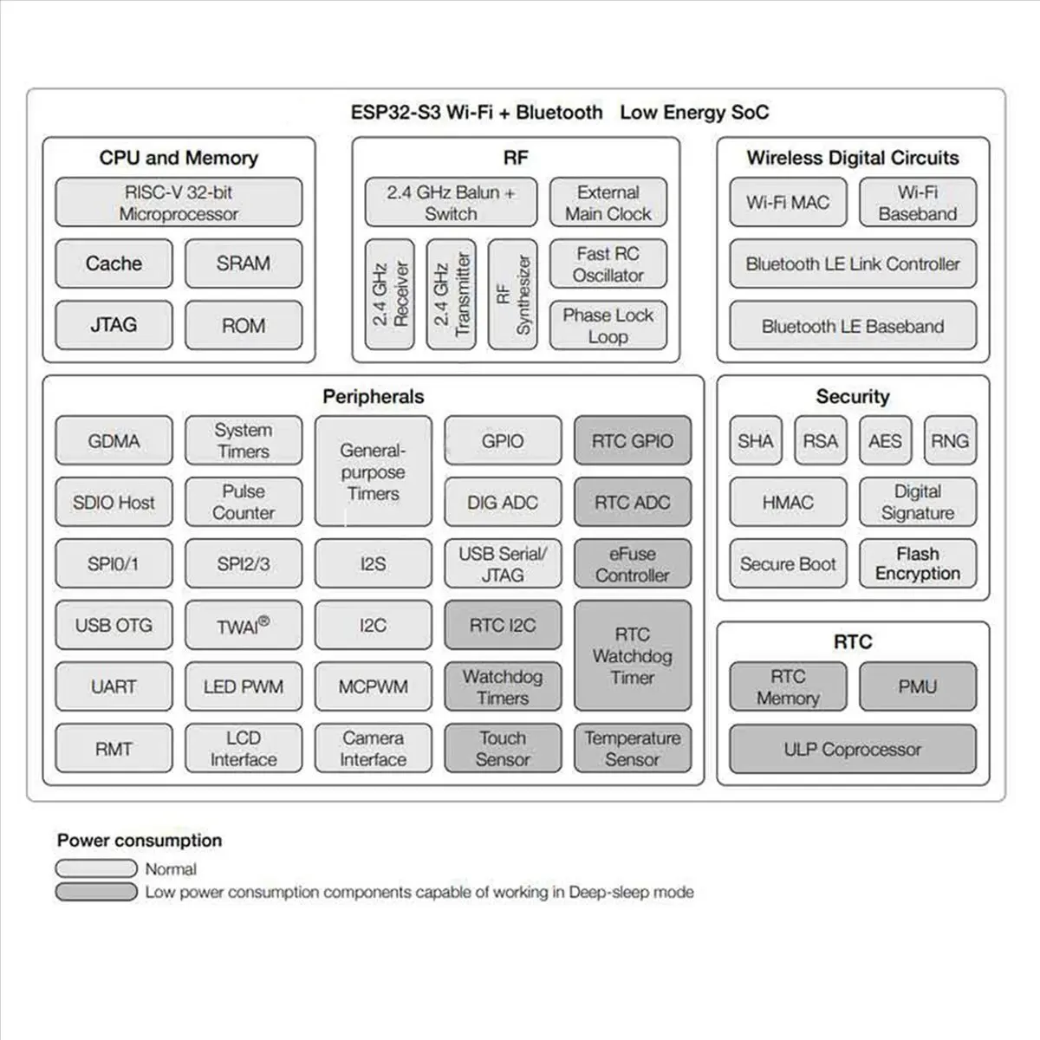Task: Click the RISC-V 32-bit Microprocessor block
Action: [x=179, y=203]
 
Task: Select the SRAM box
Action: [x=244, y=263]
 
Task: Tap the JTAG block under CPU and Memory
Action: [x=114, y=325]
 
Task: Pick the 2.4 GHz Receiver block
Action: [x=390, y=295]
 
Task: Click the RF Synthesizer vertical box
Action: [x=513, y=295]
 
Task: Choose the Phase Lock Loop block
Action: [x=608, y=326]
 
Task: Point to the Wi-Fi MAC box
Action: [x=788, y=203]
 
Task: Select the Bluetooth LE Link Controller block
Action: [x=853, y=264]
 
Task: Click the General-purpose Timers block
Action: [x=373, y=471]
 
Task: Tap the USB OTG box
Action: [x=114, y=625]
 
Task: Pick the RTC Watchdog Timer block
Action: [x=633, y=656]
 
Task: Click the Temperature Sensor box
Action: [x=633, y=749]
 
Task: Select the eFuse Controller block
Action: [x=633, y=564]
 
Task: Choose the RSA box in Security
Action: [x=820, y=441]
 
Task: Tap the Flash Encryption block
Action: [x=918, y=564]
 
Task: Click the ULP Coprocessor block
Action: [x=853, y=750]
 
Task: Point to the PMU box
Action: [x=918, y=687]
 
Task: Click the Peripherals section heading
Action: [x=374, y=397]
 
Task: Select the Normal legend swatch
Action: [x=96, y=868]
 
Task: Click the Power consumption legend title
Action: [x=140, y=841]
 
